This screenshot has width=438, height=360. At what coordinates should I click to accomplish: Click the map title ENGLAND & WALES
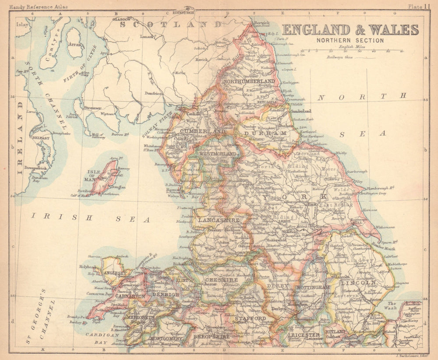(x=350, y=30)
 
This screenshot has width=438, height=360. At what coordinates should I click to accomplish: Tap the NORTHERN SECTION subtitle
(x=350, y=41)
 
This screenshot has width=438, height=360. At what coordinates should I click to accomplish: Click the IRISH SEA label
(x=90, y=217)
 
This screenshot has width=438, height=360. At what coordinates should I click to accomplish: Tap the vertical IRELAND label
(x=20, y=138)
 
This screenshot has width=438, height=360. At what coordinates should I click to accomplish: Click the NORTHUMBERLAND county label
(x=249, y=81)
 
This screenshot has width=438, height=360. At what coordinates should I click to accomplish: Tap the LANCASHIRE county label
(x=219, y=221)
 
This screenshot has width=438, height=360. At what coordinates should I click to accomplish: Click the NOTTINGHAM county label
(x=313, y=287)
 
